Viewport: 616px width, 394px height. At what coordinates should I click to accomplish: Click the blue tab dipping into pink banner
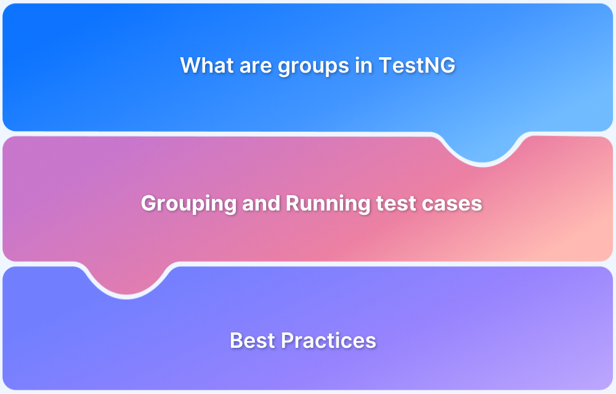pos(482,148)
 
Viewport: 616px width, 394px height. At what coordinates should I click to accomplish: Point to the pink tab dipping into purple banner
pos(126,280)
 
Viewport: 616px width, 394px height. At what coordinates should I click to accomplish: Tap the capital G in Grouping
pos(148,203)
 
